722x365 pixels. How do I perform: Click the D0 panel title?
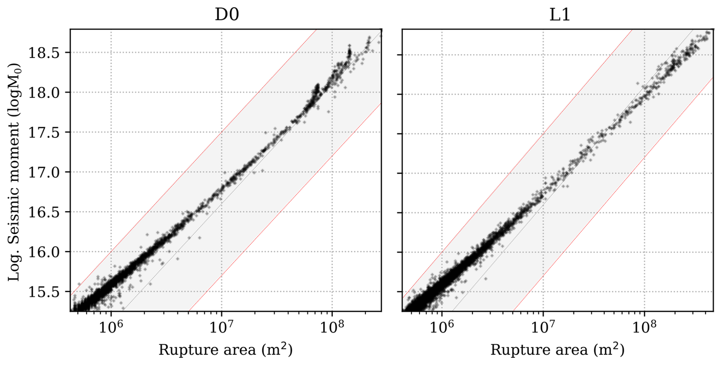coord(227,15)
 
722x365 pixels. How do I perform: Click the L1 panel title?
coord(559,15)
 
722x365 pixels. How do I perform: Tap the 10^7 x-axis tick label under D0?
coord(221,327)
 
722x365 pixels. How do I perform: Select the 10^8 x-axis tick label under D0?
coord(332,327)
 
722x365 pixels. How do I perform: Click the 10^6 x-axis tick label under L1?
coord(442,327)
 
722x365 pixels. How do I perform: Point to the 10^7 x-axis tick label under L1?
coord(543,327)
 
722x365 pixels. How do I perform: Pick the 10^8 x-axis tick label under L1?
coord(645,327)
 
